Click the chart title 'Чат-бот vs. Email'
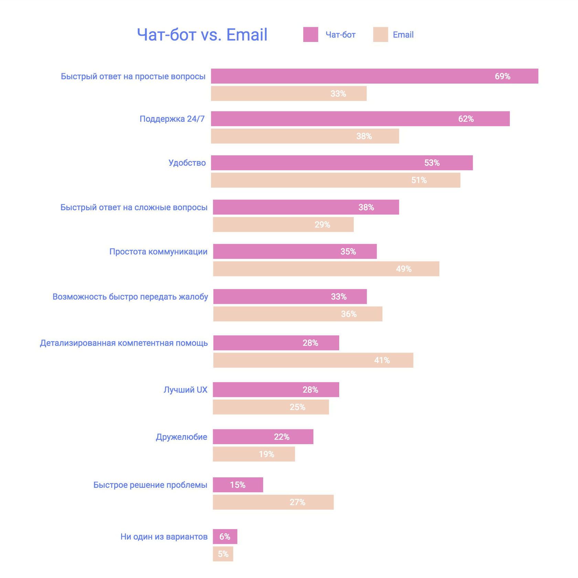coord(202,35)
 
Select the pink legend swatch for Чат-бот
coord(310,34)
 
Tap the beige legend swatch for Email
coord(380,34)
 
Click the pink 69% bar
coord(374,76)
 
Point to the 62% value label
coord(466,119)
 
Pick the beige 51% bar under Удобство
coord(335,180)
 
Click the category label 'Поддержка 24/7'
coord(172,119)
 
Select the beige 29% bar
coord(283,225)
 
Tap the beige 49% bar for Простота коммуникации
coord(326,269)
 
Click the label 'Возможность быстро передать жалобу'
coord(130,297)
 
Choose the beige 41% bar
coord(313,360)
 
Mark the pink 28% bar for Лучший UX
coord(276,390)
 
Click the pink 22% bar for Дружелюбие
coord(263,437)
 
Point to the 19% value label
coord(266,454)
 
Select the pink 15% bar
coord(238,485)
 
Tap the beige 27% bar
coord(273,502)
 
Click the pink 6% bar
coord(225,537)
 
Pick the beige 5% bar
coord(223,554)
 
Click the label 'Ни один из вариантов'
coord(164,537)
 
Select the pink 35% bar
coord(295,251)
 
